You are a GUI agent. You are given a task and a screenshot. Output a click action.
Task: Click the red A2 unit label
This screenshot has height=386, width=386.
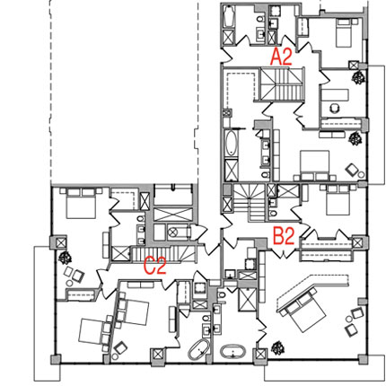pos(281,57)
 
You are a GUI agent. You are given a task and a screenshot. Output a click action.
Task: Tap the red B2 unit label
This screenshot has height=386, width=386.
pos(284,236)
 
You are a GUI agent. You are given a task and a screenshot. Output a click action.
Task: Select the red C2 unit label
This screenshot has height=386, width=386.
pos(154,266)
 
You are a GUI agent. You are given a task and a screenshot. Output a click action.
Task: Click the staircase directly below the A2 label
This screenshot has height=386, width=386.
pos(282,84)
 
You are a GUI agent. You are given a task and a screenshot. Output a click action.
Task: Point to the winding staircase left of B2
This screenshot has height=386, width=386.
pos(250,203)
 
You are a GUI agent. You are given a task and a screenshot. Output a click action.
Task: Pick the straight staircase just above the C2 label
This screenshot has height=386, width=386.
pos(164,254)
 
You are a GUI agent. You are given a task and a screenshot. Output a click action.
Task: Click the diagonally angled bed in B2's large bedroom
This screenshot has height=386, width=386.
pos(303,309)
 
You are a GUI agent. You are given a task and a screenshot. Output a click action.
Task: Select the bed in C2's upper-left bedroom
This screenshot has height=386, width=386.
pos(81,203)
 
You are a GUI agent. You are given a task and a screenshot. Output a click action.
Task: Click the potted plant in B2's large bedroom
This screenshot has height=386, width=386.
pos(278,348)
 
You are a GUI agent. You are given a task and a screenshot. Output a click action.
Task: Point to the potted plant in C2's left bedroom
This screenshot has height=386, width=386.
pos(65,258)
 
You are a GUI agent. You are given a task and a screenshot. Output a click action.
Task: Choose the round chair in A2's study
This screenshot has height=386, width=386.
pos(335,108)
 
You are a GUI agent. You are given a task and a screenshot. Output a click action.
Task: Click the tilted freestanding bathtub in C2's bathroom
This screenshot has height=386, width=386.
pos(199,350)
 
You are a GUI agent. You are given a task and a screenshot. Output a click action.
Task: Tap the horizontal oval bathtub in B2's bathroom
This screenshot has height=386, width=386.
pos(233,351)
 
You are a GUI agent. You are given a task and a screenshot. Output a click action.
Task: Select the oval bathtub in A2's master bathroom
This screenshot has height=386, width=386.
pos(231,143)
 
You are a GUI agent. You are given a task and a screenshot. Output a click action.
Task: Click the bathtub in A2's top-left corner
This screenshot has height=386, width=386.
pos(229,17)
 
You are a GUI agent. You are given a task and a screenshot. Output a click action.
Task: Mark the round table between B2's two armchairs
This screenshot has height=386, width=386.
pos(349,320)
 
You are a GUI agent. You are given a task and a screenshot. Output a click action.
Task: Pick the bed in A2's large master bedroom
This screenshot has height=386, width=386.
pos(314,165)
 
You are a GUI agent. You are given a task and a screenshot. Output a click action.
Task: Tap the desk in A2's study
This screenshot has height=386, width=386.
pos(335,95)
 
